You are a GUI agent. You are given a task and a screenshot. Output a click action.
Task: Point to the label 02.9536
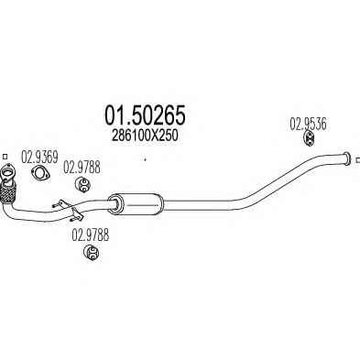(309, 122)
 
